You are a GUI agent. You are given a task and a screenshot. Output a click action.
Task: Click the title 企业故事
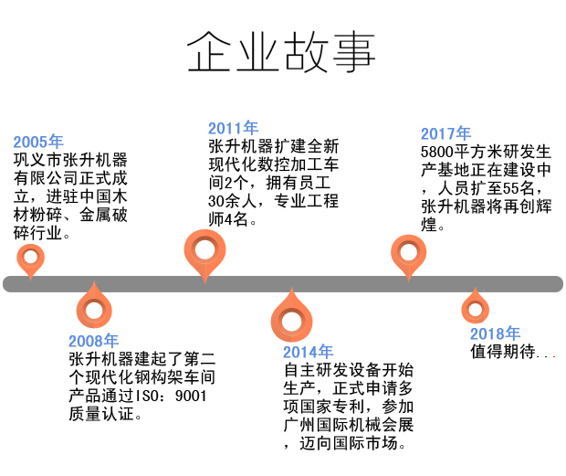click(281, 53)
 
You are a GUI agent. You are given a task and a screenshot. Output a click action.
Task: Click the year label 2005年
click(38, 142)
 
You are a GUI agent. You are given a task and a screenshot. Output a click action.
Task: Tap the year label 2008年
click(94, 342)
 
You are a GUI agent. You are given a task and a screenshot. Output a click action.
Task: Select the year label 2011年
click(233, 128)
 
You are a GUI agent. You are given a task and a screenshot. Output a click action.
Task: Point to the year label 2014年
click(308, 352)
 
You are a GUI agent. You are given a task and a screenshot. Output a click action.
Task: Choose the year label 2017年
click(445, 133)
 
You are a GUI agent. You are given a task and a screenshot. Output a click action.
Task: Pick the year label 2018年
click(495, 333)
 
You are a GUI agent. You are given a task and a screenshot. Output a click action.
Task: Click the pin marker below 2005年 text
click(31, 259)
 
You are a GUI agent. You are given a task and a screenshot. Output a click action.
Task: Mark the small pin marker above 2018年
click(475, 307)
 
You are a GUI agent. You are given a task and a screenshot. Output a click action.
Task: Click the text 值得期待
click(501, 352)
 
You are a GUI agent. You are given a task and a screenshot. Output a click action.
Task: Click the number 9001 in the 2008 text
click(190, 396)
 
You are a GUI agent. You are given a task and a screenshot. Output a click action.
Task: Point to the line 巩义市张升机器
click(69, 160)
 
